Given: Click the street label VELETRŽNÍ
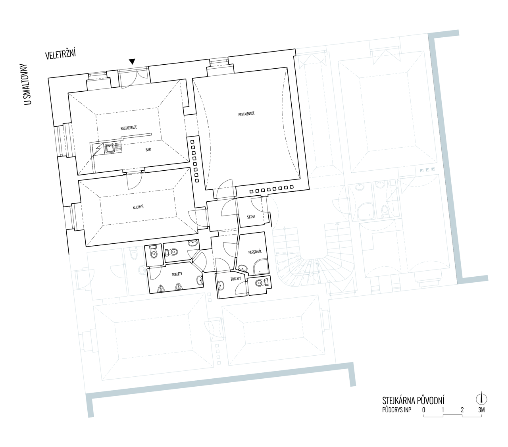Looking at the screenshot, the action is [x=60, y=55].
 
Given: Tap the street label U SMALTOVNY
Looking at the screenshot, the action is [x=28, y=84].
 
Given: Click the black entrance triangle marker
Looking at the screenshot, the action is [x=132, y=62].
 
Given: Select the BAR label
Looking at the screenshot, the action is [x=148, y=150].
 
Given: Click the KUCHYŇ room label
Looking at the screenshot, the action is [x=138, y=207].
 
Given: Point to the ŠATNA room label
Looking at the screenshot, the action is [x=251, y=217].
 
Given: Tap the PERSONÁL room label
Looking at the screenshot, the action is [x=255, y=252].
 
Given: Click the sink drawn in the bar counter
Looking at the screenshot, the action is [x=110, y=148].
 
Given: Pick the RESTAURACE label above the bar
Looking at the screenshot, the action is [x=129, y=128].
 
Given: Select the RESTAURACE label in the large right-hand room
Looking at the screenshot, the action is [x=246, y=114].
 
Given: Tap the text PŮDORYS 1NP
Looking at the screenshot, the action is [x=396, y=410].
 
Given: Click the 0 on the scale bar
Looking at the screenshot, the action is [x=424, y=410].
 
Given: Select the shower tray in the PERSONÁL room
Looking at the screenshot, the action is [x=261, y=267].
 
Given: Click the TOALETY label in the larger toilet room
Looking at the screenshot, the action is [x=177, y=274].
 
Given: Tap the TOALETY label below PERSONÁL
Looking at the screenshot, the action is [x=235, y=279].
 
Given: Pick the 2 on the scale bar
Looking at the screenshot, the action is [x=462, y=410].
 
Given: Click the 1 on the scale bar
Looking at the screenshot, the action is [x=443, y=410].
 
